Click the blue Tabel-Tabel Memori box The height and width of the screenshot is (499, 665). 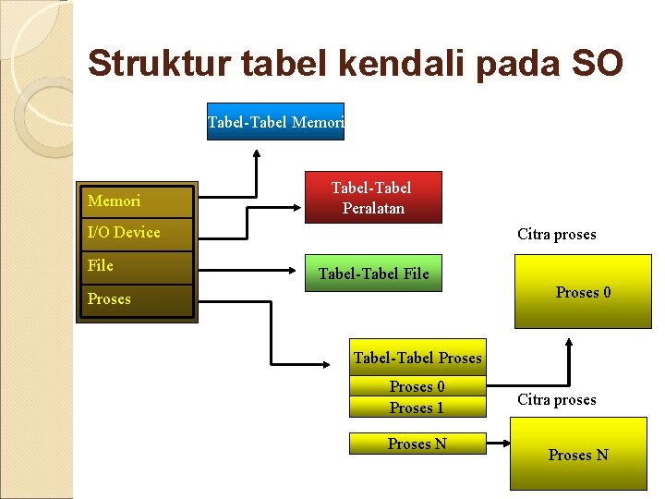pos(275,121)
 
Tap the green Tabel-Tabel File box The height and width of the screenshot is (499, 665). pos(373,273)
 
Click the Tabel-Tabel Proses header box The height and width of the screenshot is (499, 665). pos(417,358)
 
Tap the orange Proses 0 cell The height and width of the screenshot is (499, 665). pos(417,386)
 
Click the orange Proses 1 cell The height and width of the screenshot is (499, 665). pos(417,408)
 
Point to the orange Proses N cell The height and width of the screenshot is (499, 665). pos(417,444)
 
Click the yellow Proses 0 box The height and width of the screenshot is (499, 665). pos(583,293)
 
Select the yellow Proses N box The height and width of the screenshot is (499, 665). pos(578,455)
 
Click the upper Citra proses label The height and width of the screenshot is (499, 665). pos(556,235)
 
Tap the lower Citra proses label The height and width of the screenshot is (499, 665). pos(556,400)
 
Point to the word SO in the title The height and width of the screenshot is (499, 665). pos(597,64)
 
